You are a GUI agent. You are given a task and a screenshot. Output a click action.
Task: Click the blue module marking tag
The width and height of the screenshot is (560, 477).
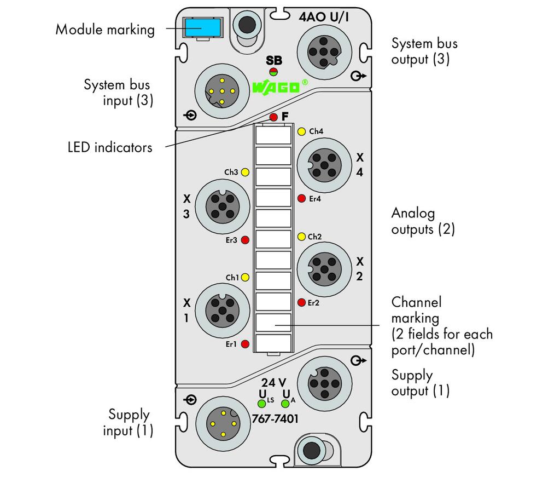(x=202, y=28)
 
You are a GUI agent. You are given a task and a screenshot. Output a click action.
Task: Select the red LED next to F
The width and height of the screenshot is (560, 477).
(x=273, y=117)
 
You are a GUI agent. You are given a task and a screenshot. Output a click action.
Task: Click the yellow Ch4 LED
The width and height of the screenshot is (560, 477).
(x=301, y=131)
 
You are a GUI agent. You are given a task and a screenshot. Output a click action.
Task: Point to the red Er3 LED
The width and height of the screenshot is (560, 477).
(x=245, y=240)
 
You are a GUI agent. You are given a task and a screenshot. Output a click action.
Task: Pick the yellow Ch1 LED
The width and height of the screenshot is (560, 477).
(x=245, y=277)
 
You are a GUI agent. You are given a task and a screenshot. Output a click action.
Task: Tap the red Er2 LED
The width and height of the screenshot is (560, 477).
(x=301, y=302)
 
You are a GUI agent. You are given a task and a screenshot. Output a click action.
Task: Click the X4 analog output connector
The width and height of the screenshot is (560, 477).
(x=324, y=165)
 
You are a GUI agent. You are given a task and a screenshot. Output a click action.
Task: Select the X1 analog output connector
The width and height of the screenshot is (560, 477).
(x=222, y=311)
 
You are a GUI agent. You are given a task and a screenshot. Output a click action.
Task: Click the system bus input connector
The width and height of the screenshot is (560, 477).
(x=222, y=91)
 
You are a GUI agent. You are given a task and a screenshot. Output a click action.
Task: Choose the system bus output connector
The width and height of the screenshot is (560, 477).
(x=324, y=52)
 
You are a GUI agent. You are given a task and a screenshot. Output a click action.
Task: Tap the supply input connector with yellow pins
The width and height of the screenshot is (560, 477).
(x=223, y=424)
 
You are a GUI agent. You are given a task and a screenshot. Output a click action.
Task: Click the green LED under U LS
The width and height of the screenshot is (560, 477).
(x=262, y=404)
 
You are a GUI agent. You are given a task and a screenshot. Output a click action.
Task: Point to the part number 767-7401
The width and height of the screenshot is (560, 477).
(x=275, y=419)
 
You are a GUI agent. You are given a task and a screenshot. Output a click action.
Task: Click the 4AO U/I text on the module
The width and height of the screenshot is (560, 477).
(x=324, y=16)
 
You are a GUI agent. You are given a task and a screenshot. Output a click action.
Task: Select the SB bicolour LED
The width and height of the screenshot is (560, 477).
(x=273, y=71)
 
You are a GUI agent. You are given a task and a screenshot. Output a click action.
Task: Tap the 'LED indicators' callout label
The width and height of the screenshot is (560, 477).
(x=110, y=147)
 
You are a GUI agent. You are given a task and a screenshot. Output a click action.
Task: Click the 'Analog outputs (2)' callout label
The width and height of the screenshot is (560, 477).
(x=423, y=221)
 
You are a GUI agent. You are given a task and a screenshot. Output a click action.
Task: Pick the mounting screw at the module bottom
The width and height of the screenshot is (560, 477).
(x=311, y=450)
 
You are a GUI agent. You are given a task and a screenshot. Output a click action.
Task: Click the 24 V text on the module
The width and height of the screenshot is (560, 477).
(x=273, y=383)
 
